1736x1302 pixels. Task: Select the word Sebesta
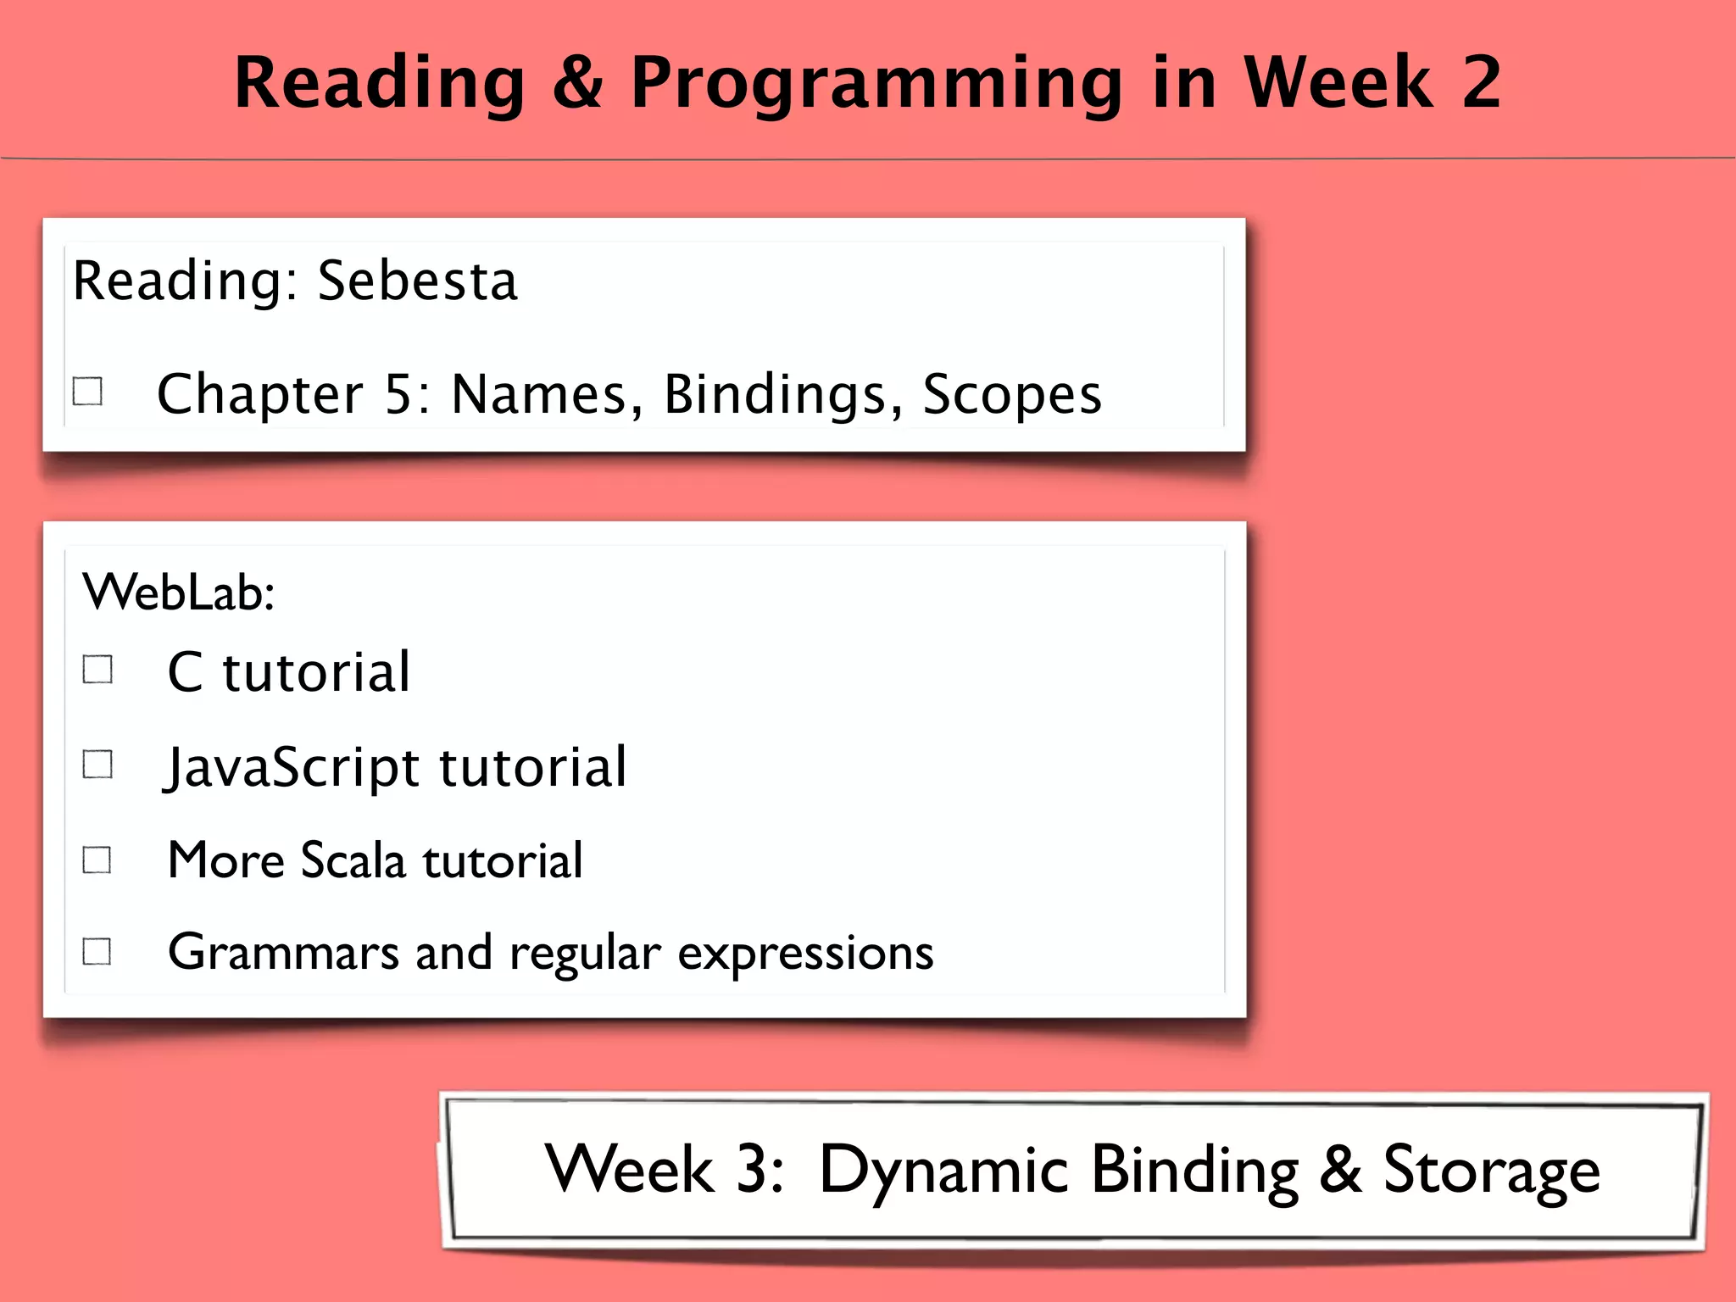(416, 281)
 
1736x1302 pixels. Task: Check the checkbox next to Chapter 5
(88, 392)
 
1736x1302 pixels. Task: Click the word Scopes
(1011, 395)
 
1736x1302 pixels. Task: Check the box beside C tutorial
(97, 669)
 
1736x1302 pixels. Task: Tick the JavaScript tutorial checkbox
(97, 764)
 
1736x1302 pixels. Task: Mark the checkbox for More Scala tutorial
(97, 860)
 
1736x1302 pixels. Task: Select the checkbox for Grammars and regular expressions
(97, 951)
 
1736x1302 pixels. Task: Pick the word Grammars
(283, 952)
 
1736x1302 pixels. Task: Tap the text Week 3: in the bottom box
(664, 1169)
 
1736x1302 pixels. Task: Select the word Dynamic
(943, 1171)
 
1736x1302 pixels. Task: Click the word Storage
(1491, 1171)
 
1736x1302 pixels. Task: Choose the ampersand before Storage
(1340, 1169)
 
